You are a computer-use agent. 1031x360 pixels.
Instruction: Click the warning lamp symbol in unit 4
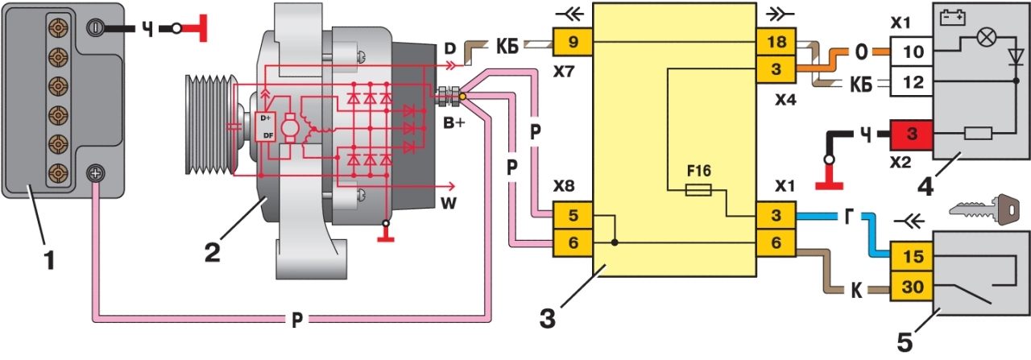click(979, 38)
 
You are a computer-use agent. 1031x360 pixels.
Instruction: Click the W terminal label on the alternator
click(448, 204)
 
